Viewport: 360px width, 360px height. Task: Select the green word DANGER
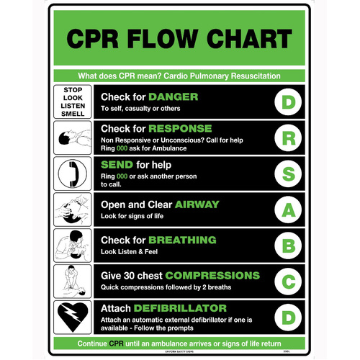(x=174, y=96)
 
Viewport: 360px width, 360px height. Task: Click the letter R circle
(x=287, y=138)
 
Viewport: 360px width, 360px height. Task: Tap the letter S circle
(x=287, y=174)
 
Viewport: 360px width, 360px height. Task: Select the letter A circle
(x=287, y=210)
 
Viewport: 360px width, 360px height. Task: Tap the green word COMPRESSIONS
(x=212, y=275)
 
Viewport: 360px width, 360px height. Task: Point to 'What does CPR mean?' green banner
(x=179, y=76)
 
